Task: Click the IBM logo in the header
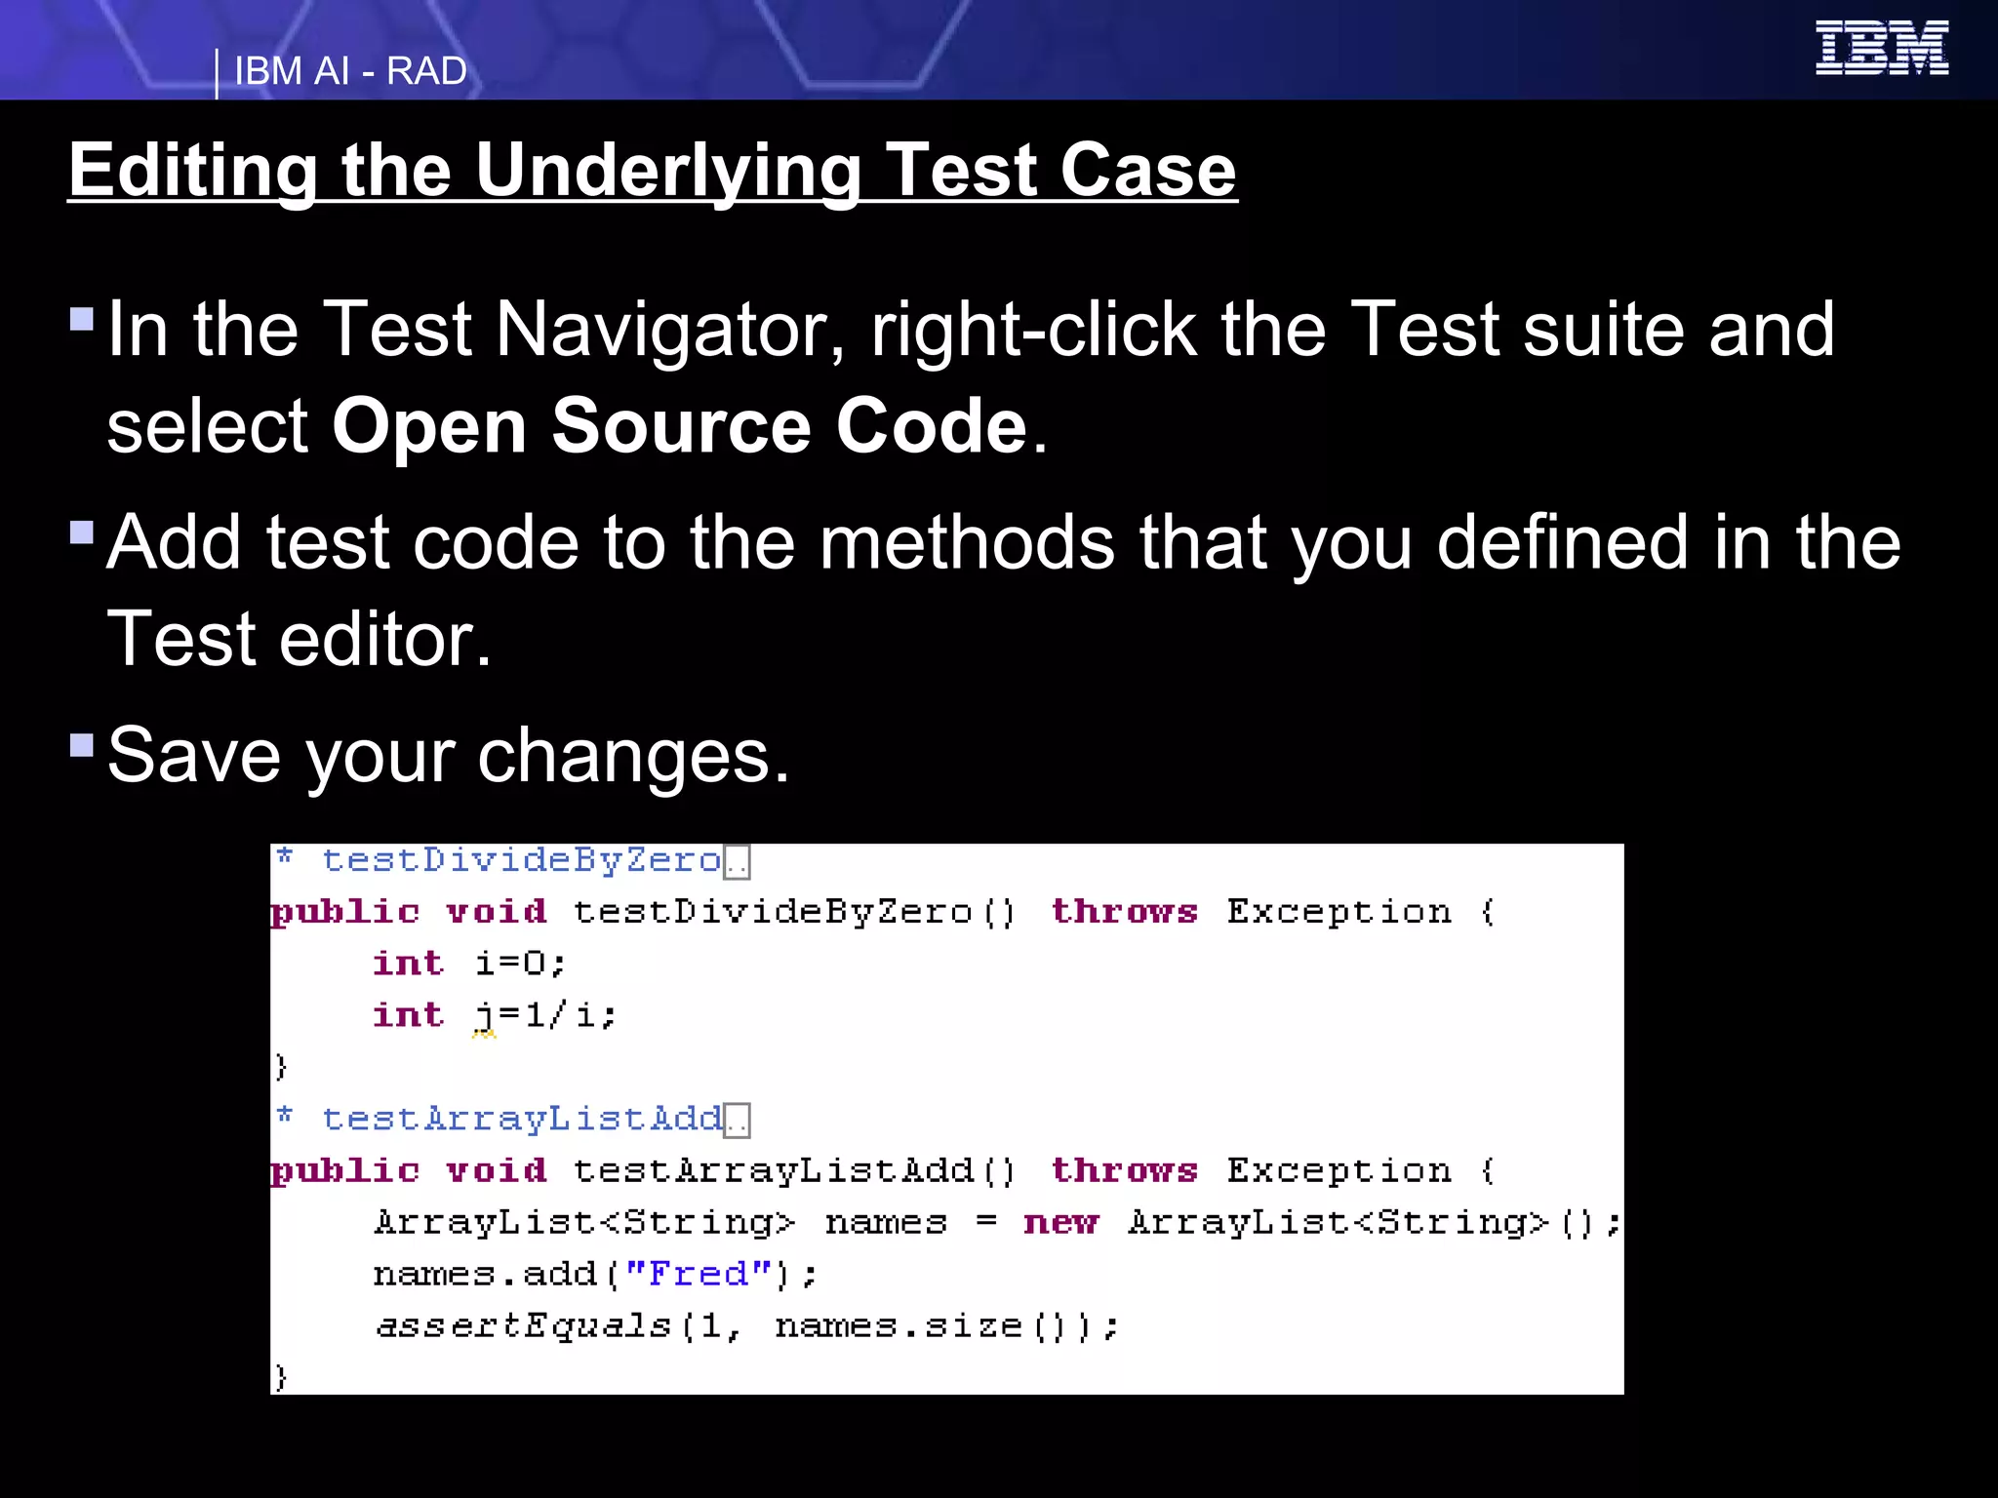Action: click(x=1881, y=48)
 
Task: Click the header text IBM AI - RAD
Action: click(x=350, y=71)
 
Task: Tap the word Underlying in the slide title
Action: click(x=667, y=171)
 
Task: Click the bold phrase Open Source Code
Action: click(x=680, y=426)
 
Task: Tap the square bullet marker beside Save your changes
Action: click(x=82, y=746)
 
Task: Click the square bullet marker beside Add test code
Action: click(x=82, y=532)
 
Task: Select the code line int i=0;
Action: click(x=468, y=964)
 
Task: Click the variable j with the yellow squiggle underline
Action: click(x=484, y=1016)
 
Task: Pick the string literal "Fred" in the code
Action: click(x=698, y=1274)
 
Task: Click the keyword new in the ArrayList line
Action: click(x=1060, y=1222)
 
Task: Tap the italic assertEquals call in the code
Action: click(x=524, y=1325)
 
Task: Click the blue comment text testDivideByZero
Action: click(x=521, y=860)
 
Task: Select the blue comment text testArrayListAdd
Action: click(x=521, y=1119)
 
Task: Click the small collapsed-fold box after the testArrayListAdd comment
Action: click(x=737, y=1121)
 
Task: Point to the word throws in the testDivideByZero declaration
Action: click(x=1124, y=912)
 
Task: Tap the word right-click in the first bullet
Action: click(x=1033, y=330)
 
